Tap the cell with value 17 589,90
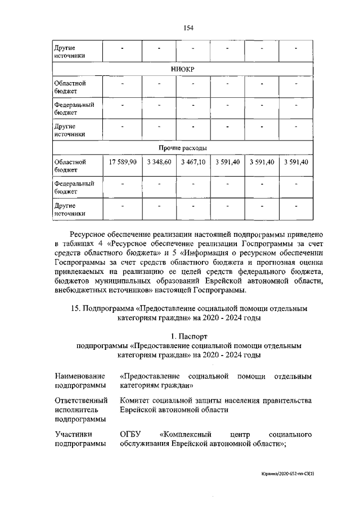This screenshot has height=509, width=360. point(122,162)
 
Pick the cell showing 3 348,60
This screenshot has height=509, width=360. point(159,162)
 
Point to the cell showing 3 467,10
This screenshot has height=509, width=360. point(193,162)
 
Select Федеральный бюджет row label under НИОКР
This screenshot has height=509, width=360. point(73,109)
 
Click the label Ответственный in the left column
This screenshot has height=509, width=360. point(81,400)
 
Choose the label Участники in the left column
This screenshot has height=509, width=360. point(73,435)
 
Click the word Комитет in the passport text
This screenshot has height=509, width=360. point(136,400)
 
